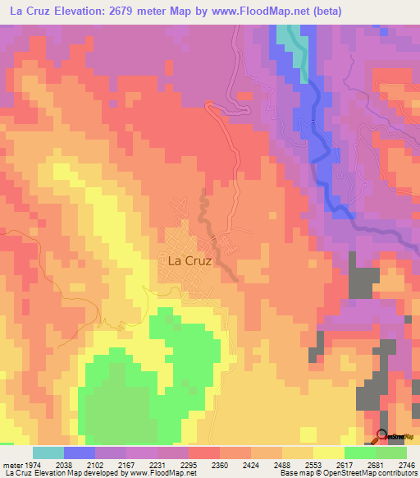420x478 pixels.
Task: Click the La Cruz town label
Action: pyautogui.click(x=189, y=260)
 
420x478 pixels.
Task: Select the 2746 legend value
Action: pyautogui.click(x=406, y=464)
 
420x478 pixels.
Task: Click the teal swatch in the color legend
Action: pyautogui.click(x=48, y=453)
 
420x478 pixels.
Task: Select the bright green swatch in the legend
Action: pyautogui.click(x=359, y=453)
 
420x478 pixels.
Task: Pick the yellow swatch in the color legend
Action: pyautogui.click(x=328, y=453)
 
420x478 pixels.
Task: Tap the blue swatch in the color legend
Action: pyautogui.click(x=80, y=453)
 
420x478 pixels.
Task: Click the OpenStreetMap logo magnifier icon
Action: pyautogui.click(x=381, y=436)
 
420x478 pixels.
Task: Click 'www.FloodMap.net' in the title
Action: pyautogui.click(x=256, y=11)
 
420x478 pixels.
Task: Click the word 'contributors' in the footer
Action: pyautogui.click(x=393, y=473)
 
